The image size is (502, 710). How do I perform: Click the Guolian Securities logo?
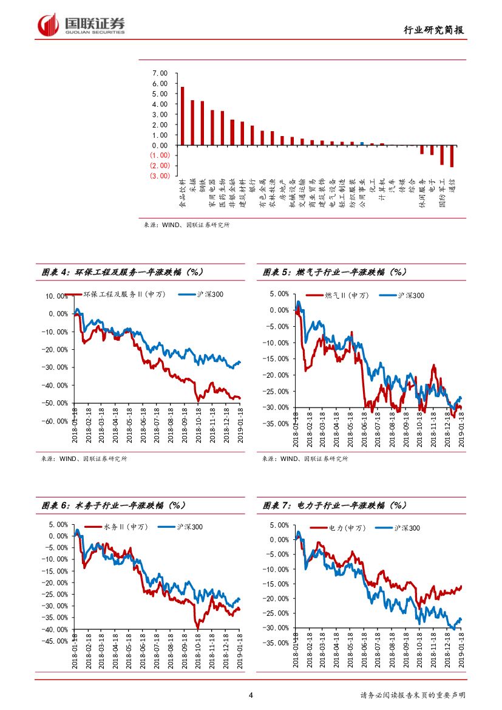pos(81,25)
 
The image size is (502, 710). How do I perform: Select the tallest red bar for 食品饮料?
pos(182,115)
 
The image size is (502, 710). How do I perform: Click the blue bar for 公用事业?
pos(362,143)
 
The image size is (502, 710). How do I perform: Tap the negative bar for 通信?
pos(452,155)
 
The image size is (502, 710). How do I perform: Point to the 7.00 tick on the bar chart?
pos(160,73)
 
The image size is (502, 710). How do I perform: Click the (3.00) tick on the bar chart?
pos(158,176)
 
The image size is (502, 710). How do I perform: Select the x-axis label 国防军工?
pos(442,193)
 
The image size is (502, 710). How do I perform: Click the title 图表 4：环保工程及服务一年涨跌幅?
pos(121,273)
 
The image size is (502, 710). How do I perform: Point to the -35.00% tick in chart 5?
pos(277,423)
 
